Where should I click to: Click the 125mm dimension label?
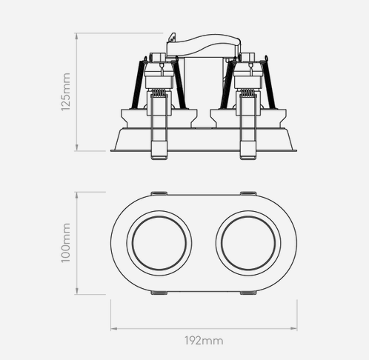click(66, 92)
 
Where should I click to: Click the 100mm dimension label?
click(66, 243)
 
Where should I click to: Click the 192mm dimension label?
click(204, 341)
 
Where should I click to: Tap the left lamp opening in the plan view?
click(159, 243)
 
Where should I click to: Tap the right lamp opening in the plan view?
click(248, 243)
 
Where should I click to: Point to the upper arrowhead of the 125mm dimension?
click(77, 36)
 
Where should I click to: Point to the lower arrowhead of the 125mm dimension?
click(77, 147)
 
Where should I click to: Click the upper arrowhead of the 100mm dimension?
click(77, 196)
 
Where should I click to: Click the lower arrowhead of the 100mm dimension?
click(77, 291)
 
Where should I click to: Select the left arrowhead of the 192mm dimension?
click(114, 328)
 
